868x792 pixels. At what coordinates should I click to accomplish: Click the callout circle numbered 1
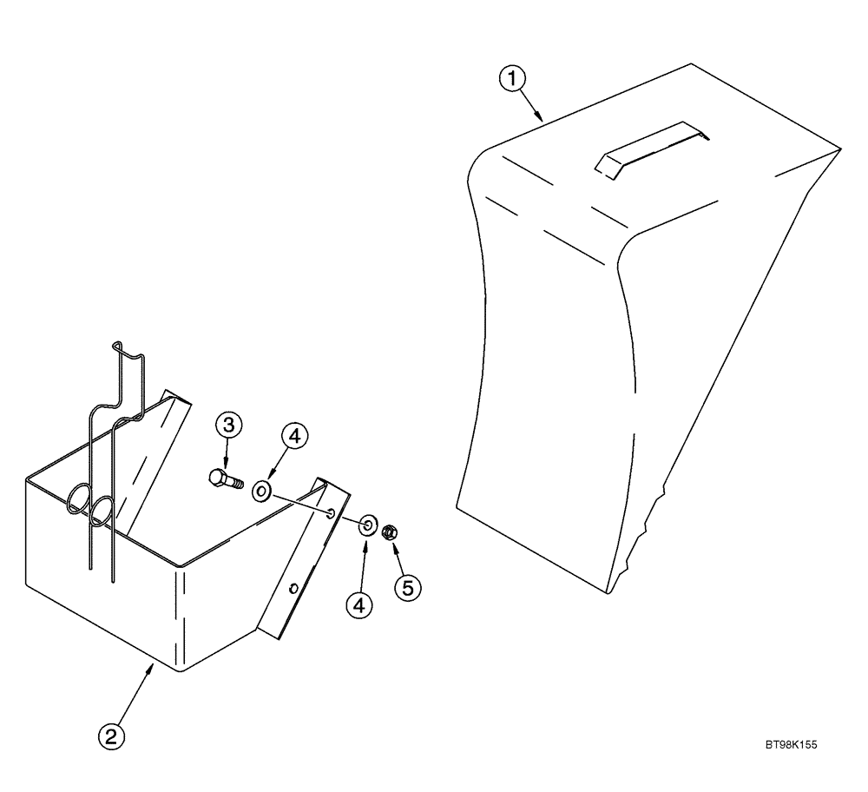512,79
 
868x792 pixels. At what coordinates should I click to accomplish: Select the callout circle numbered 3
228,426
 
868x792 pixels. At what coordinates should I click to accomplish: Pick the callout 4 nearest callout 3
293,438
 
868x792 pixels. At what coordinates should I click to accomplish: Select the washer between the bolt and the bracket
261,493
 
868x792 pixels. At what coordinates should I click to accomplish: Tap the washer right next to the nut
367,525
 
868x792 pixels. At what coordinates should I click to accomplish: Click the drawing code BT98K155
792,744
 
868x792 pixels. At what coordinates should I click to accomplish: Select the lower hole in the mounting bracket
294,588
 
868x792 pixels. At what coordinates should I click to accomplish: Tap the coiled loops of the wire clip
88,505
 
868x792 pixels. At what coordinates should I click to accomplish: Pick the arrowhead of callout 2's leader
153,666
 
